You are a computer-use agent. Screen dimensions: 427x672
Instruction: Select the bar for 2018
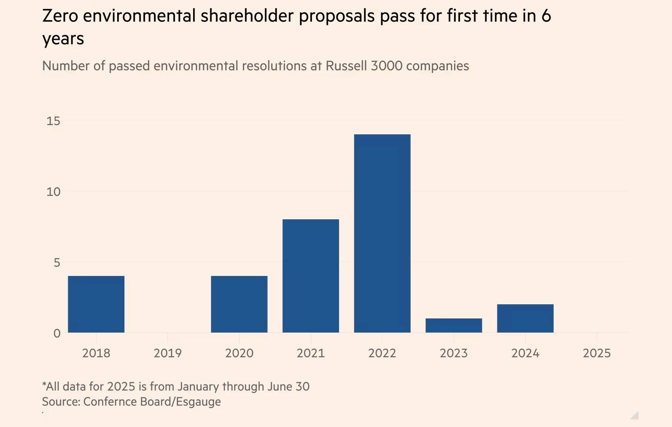[96, 304]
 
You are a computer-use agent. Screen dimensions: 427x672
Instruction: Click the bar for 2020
[239, 304]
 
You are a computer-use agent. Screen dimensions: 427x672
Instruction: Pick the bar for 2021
[311, 276]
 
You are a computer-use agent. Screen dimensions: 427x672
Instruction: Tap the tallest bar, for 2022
[382, 233]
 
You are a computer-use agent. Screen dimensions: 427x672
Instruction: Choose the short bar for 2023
[454, 325]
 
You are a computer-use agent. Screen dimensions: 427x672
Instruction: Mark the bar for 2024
[525, 318]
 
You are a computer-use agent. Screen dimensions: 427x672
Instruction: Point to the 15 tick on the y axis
[53, 121]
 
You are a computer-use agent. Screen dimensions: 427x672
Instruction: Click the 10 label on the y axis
[53, 192]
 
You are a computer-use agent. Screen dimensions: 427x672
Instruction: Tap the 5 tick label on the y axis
[57, 263]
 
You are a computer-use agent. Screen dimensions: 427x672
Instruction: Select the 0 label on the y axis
[57, 333]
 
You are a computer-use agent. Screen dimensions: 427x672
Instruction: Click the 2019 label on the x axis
[168, 353]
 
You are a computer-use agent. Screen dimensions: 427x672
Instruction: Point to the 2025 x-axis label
[596, 353]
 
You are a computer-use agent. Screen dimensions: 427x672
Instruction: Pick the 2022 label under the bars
[382, 353]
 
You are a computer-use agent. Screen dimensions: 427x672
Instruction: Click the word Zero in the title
[60, 16]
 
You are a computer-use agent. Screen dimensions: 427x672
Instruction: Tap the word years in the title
[63, 39]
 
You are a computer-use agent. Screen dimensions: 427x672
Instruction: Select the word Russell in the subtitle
[346, 66]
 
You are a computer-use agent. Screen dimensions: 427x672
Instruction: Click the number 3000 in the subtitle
[386, 66]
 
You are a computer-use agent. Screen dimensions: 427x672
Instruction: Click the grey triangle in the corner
[636, 415]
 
